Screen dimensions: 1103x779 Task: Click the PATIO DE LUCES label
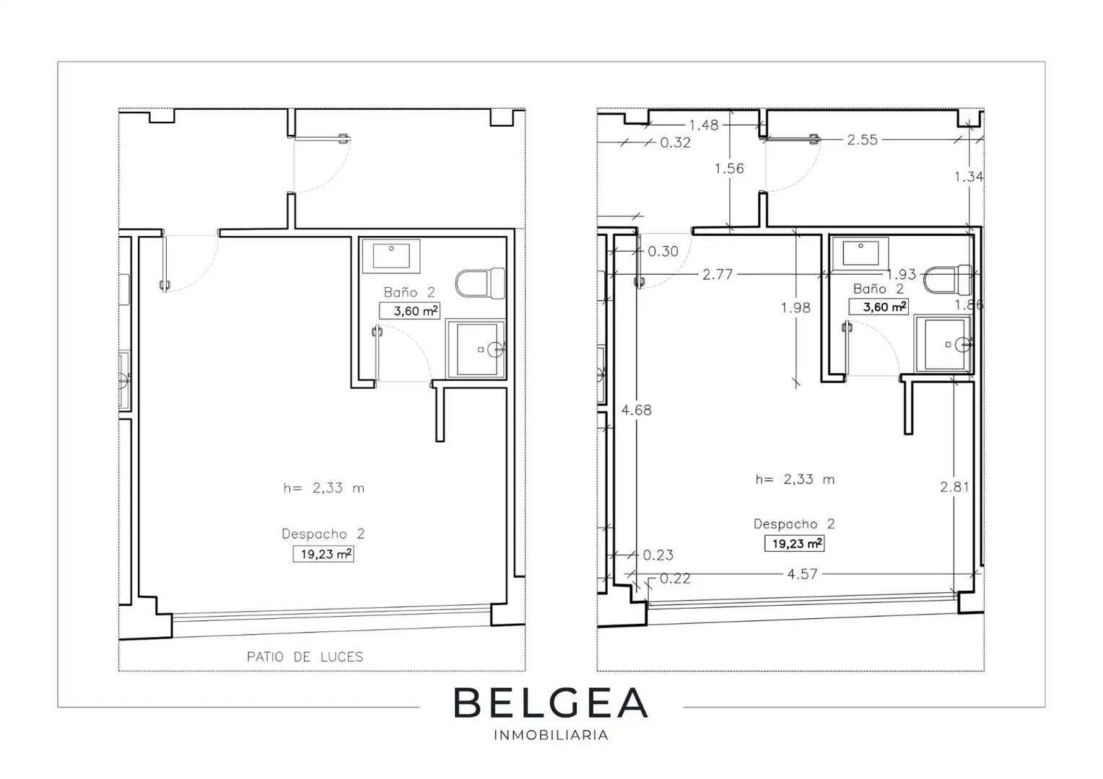coord(305,657)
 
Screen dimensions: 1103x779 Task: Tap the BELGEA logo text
coord(551,703)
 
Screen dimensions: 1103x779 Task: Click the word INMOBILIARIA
coord(551,735)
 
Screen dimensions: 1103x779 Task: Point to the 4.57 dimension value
coord(802,574)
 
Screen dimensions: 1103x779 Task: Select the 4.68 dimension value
coord(636,410)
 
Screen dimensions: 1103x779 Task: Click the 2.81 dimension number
coord(954,487)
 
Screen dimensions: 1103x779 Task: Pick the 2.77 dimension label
coord(718,274)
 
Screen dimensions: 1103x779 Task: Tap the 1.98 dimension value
coord(795,307)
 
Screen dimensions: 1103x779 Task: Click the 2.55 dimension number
coord(862,140)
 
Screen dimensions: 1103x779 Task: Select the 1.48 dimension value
coord(704,125)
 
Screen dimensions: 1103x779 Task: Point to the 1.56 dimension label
coord(729,168)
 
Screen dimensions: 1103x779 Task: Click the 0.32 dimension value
coord(675,143)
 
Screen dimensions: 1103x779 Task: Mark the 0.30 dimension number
coord(663,252)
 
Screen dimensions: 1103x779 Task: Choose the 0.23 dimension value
coord(658,555)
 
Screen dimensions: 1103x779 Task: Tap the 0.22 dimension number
coord(675,578)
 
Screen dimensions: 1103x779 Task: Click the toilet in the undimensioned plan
coord(480,283)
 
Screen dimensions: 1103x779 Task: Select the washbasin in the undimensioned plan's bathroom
coord(391,256)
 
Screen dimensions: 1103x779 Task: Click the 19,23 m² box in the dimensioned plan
coord(794,543)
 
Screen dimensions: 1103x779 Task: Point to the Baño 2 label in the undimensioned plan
coord(409,292)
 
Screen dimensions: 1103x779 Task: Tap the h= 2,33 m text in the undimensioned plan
coord(323,488)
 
